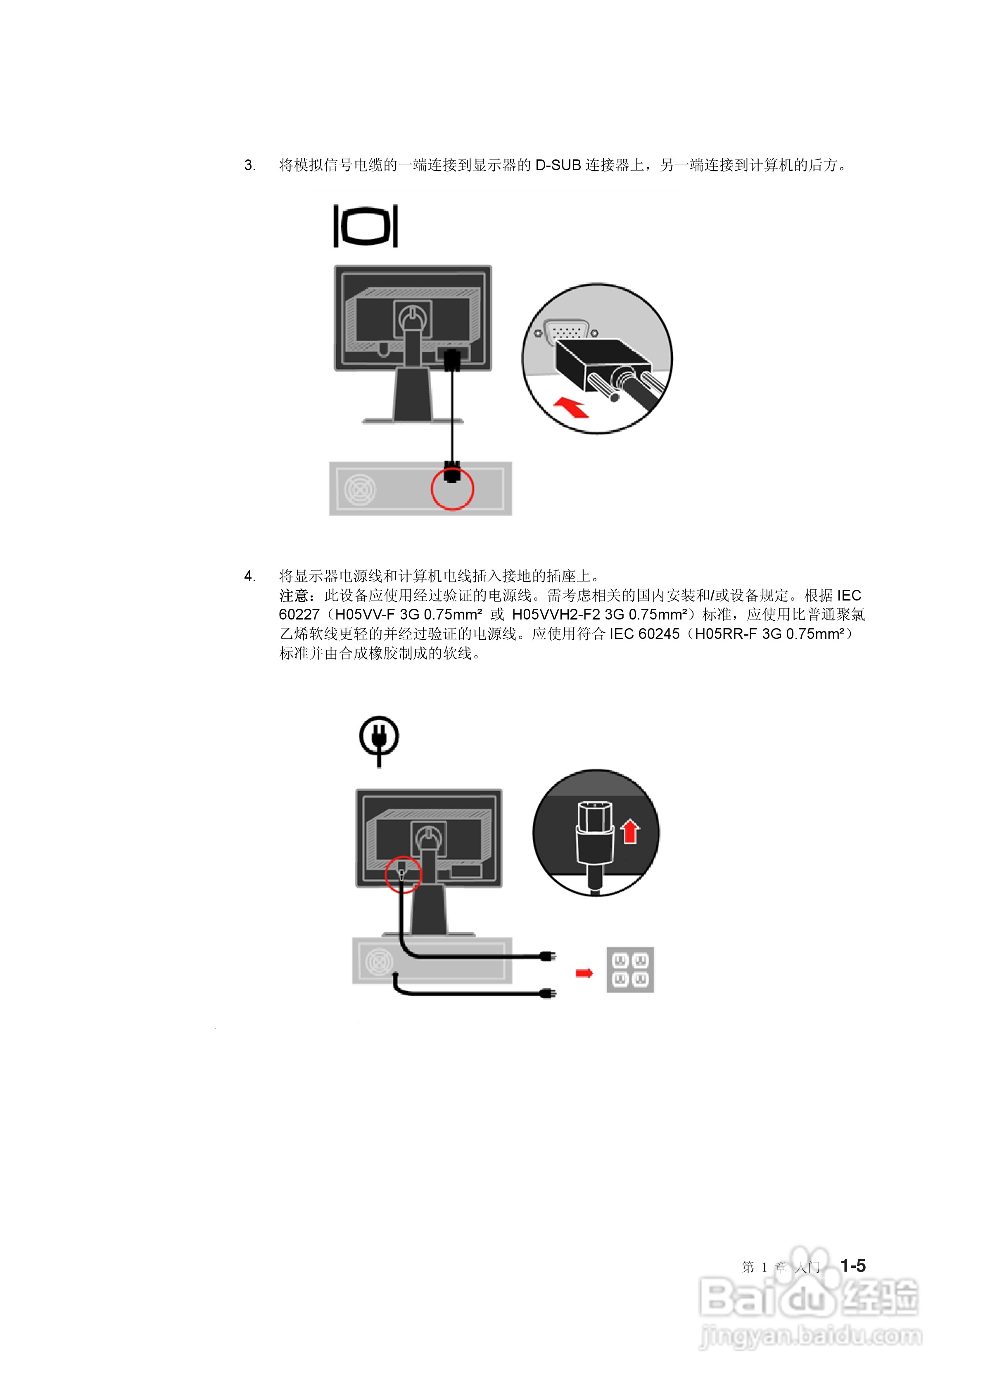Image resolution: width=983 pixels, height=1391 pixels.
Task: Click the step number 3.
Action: [249, 165]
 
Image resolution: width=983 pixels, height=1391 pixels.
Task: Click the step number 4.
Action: [249, 576]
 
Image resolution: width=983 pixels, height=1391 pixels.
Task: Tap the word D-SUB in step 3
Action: [558, 165]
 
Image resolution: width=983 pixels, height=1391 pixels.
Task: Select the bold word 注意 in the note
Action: [294, 596]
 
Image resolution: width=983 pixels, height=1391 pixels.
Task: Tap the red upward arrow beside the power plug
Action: [630, 831]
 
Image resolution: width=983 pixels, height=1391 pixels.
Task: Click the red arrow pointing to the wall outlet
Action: [584, 973]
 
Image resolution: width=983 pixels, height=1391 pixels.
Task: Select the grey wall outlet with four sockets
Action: [630, 970]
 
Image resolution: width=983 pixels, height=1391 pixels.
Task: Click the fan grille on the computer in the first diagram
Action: [360, 489]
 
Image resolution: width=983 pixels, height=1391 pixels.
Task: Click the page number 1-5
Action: [853, 1265]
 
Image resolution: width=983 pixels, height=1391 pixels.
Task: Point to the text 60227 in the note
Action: [299, 615]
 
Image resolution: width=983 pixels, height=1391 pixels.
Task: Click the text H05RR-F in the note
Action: [725, 634]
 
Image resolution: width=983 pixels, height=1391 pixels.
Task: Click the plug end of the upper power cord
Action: [548, 957]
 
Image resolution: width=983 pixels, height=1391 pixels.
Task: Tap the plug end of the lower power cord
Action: [548, 994]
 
